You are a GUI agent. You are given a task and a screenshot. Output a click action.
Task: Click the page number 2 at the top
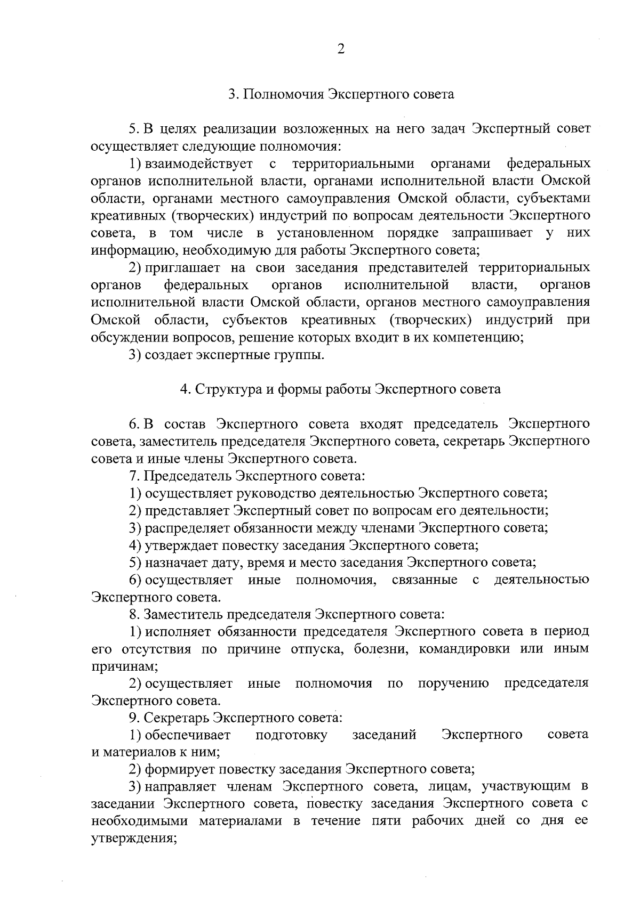341,49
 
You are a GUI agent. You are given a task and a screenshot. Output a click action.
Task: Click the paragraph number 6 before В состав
133,424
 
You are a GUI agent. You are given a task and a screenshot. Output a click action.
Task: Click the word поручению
453,683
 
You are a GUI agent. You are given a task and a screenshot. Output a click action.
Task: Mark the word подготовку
291,735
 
